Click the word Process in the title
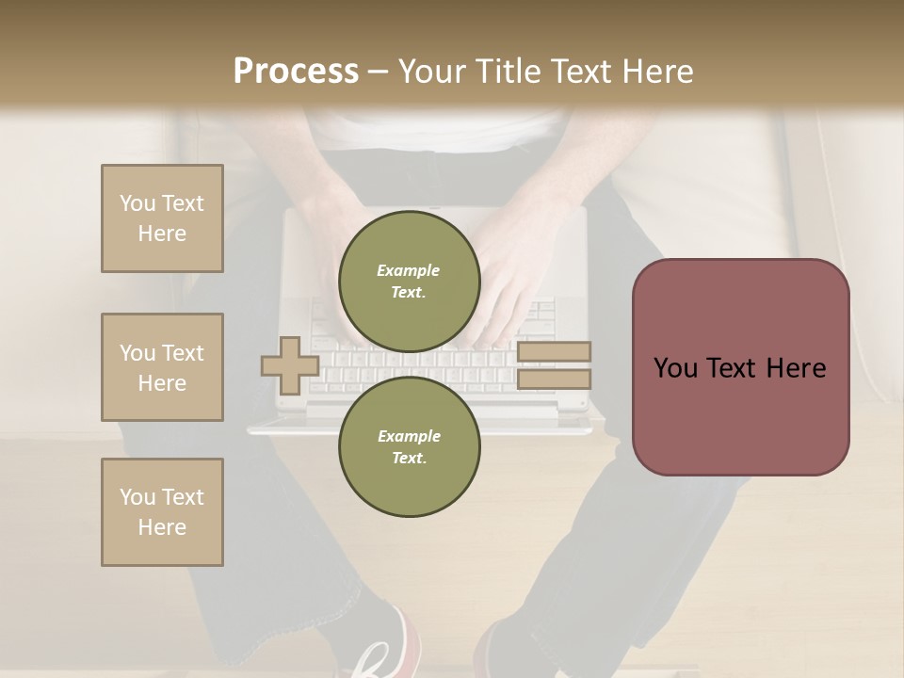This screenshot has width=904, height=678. (296, 72)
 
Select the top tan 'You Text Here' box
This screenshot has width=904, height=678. (162, 218)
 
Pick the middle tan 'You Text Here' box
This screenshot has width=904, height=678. (162, 367)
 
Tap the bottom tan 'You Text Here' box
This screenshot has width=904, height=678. (162, 512)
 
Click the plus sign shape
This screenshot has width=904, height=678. (290, 365)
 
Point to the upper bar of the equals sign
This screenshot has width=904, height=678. (554, 352)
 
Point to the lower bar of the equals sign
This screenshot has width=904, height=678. (554, 379)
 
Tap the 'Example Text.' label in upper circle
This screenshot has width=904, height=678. (409, 281)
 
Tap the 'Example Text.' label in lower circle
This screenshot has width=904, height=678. (409, 446)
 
